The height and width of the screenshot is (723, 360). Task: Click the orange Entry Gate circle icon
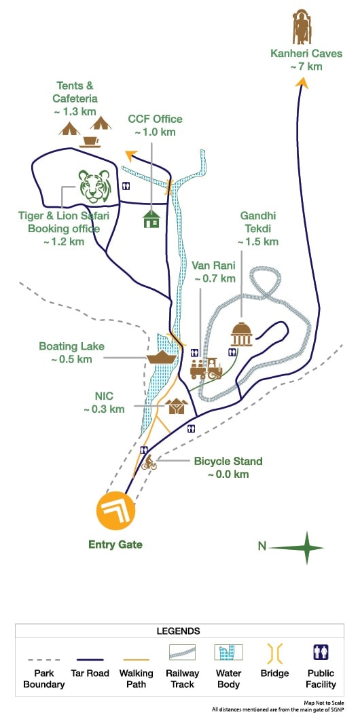[115, 510]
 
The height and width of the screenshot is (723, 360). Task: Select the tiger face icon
[94, 187]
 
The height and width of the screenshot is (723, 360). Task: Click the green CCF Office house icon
[151, 219]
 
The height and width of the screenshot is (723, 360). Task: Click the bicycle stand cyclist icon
[149, 464]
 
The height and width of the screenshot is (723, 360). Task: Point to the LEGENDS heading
[179, 631]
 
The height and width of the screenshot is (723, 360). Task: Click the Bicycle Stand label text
[228, 462]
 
